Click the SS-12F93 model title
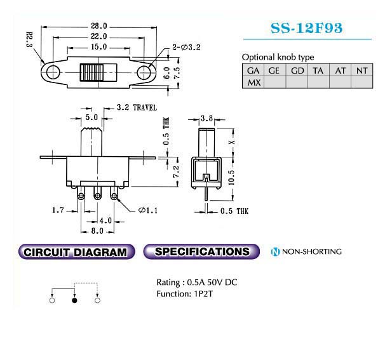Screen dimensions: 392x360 tap(306, 28)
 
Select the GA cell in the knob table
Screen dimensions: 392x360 tap(253, 70)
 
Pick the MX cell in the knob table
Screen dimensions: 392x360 tap(253, 83)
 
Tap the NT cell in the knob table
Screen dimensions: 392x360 tap(362, 70)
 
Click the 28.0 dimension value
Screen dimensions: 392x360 tap(98, 26)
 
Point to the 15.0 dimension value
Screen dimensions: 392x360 tap(98, 47)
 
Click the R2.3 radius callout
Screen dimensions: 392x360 tap(29, 39)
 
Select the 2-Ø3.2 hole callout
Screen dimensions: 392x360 tap(187, 47)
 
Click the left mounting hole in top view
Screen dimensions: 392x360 tap(53, 72)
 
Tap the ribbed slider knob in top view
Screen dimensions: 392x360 tap(91, 72)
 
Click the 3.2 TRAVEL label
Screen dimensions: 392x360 tap(137, 108)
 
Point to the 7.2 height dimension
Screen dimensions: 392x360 tap(176, 171)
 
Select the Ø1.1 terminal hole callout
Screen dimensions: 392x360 tap(148, 211)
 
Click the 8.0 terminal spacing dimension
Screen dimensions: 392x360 tap(97, 230)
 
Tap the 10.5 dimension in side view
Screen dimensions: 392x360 tap(231, 178)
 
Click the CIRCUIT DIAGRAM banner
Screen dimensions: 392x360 tap(76, 251)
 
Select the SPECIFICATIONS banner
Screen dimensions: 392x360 tap(201, 251)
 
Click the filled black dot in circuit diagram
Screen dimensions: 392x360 tap(74, 300)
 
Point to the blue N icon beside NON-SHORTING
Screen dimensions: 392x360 tap(275, 251)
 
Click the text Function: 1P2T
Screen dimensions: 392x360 tap(184, 294)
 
